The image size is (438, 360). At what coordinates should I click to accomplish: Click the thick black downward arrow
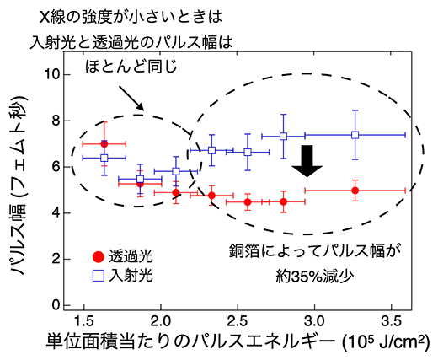308,160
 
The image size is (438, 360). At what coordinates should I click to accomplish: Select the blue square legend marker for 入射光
99,275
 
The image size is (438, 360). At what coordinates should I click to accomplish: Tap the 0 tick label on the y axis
56,304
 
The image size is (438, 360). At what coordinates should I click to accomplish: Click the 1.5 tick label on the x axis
83,321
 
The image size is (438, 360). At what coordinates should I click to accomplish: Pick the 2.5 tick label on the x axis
237,321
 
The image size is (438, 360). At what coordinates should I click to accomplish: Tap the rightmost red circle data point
355,191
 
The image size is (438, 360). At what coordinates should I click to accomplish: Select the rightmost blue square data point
355,135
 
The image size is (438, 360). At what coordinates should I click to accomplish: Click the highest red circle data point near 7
104,144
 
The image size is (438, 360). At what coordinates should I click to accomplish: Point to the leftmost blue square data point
104,158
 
